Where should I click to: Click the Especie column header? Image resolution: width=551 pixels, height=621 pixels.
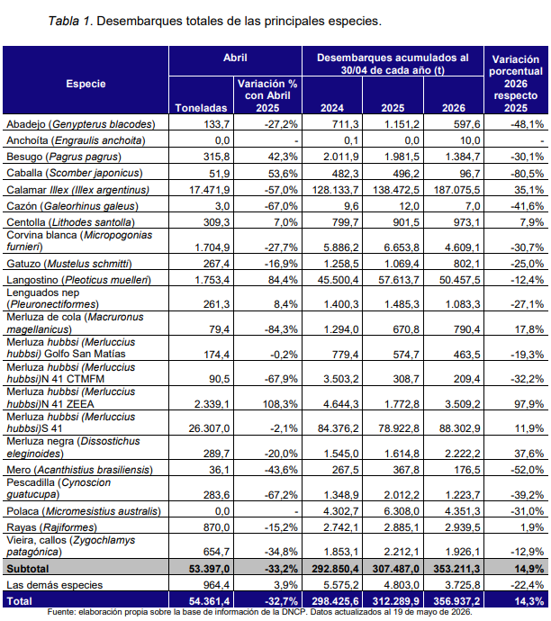click(86, 84)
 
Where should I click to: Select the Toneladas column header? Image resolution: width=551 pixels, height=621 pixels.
click(201, 108)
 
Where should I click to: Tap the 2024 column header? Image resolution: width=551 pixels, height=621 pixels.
click(332, 108)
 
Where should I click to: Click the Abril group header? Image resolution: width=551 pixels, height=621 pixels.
click(235, 58)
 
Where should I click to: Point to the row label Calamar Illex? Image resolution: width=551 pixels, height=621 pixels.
click(78, 190)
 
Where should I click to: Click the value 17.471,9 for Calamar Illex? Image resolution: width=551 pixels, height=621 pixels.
click(209, 190)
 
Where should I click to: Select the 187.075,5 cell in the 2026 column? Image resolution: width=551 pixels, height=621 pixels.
click(456, 190)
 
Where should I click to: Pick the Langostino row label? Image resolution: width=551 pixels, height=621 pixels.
click(79, 280)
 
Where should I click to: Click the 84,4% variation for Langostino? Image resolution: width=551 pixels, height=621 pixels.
click(283, 280)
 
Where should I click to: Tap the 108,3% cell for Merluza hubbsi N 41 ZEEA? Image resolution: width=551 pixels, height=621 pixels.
click(280, 404)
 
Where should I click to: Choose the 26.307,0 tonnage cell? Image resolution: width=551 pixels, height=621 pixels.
click(209, 428)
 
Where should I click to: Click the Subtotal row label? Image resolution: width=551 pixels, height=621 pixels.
click(28, 569)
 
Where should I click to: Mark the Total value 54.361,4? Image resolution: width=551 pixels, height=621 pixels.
click(209, 601)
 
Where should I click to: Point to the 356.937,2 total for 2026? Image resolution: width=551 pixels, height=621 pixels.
click(456, 601)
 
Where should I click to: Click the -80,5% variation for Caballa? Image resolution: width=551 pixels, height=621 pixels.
click(527, 174)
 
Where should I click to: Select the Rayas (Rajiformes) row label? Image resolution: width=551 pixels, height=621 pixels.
click(51, 527)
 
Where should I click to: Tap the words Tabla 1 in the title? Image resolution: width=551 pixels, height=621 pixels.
click(70, 21)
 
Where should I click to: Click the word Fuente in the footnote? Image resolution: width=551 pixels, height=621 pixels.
click(59, 612)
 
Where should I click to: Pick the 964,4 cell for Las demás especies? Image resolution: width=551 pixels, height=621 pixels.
click(217, 585)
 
